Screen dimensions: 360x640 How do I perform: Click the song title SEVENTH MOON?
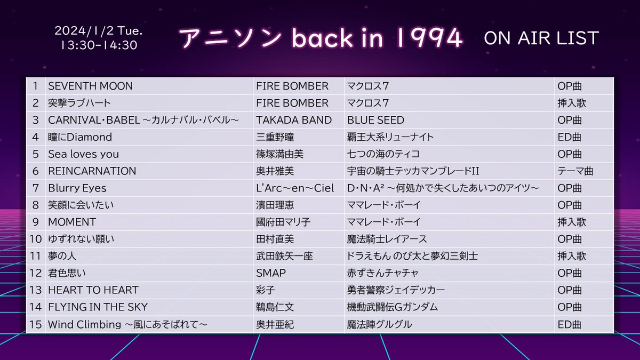(90, 86)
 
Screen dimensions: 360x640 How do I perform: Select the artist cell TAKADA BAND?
(294, 120)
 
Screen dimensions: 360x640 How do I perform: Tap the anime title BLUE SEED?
(375, 120)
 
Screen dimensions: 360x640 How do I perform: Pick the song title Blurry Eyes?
(77, 188)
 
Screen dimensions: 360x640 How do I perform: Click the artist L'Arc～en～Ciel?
(295, 188)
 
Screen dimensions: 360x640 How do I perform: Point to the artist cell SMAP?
(271, 273)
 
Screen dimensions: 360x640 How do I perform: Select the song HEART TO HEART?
(93, 290)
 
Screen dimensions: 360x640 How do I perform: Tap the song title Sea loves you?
(83, 154)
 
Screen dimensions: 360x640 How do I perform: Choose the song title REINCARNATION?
(92, 171)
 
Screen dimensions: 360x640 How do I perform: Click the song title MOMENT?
(71, 222)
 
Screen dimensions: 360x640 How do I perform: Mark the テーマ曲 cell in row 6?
(575, 171)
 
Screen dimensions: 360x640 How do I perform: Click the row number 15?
(36, 324)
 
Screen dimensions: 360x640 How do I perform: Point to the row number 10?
(36, 239)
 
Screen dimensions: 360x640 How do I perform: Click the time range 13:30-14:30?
(99, 45)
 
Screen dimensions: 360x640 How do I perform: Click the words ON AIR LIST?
(541, 38)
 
